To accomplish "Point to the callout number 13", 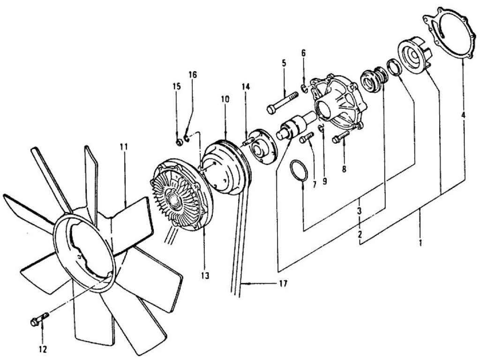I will (205, 274).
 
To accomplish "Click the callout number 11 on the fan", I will (123, 147).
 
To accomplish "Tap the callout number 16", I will (193, 75).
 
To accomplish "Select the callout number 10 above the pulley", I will (225, 99).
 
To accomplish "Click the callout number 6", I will (303, 53).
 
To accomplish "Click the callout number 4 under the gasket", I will (463, 114).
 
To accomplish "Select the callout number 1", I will (420, 243).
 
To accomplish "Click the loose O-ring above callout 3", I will (298, 169).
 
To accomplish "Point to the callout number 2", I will (360, 233).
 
